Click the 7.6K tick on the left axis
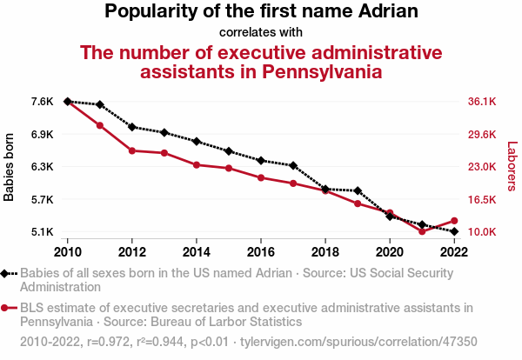click(x=42, y=102)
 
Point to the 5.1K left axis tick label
click(x=42, y=232)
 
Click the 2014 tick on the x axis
click(x=197, y=252)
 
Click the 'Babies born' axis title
click(x=10, y=167)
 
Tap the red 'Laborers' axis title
click(x=512, y=167)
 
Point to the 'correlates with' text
click(x=260, y=32)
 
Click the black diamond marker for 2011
click(x=100, y=104)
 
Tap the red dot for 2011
click(x=100, y=125)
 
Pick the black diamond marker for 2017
click(x=293, y=165)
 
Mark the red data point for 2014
click(x=197, y=164)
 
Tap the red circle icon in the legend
click(x=6, y=308)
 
